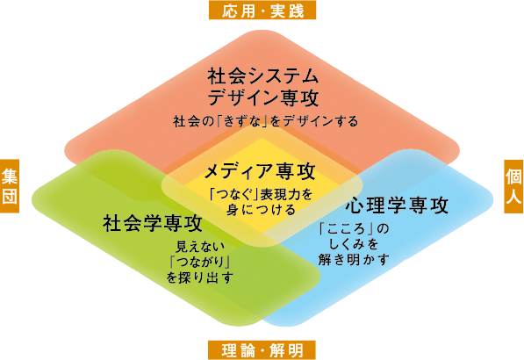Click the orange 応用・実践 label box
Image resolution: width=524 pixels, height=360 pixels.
point(262,10)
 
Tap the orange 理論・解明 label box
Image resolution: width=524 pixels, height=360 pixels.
point(262,350)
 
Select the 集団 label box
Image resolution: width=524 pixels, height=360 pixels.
point(10,186)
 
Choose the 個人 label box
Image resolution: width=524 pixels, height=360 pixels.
point(513,186)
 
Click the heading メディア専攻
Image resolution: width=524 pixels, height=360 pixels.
point(260,171)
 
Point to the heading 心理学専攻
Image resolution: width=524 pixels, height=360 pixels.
point(397,205)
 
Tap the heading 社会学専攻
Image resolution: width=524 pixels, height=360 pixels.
point(153,223)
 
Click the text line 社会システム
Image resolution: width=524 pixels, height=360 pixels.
point(262,76)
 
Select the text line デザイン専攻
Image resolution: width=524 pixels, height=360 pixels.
point(262,97)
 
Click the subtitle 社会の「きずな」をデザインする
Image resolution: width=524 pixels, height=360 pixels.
point(265,121)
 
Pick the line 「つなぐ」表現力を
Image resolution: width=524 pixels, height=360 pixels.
point(261,194)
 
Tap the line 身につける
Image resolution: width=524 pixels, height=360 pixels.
point(261,210)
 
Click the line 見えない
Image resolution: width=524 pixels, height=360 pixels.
point(200,247)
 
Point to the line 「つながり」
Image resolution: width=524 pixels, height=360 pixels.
point(199,262)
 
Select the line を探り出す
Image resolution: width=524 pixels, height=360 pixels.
point(199,277)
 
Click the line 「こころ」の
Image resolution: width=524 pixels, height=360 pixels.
point(354,228)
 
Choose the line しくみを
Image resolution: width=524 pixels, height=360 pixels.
point(354,244)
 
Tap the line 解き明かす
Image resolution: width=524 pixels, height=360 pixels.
point(354,259)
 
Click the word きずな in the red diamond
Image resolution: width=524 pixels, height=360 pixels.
point(242,121)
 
